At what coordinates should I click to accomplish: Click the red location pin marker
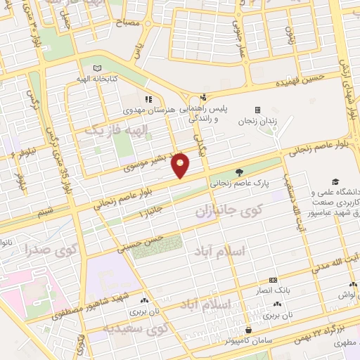[x=181, y=165]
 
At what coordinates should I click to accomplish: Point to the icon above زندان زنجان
[x=257, y=110]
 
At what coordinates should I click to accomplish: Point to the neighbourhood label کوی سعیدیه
[x=136, y=328]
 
